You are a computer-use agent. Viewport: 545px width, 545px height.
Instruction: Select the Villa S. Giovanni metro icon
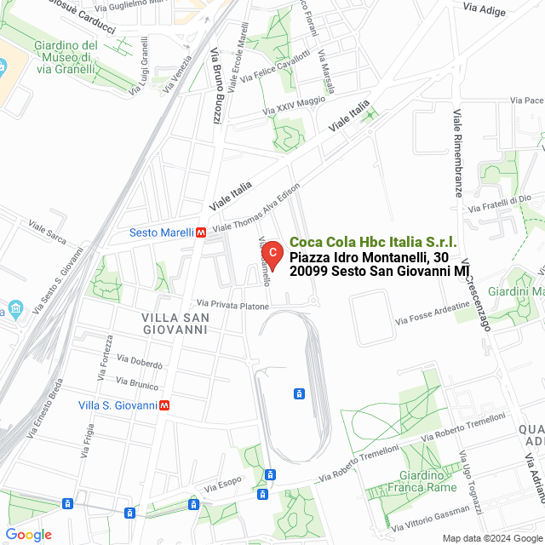coord(163,404)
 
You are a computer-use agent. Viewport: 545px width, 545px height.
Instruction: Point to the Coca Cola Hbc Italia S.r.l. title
coord(373,243)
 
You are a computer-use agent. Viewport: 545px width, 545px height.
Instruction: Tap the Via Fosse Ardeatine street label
coord(432,315)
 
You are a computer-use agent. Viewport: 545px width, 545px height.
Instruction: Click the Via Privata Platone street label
coord(232,304)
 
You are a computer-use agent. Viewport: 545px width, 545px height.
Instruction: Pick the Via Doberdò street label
coord(140,361)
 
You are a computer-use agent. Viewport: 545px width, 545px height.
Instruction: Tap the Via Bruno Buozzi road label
coord(217,85)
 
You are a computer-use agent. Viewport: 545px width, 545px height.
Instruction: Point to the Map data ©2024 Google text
coord(491,538)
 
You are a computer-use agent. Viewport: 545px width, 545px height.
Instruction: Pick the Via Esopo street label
coord(223,485)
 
